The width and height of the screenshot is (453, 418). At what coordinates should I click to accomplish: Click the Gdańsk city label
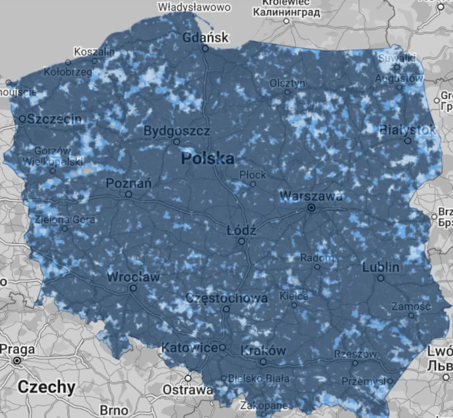tap(206, 37)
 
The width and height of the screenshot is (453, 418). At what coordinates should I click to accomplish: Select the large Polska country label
tap(207, 158)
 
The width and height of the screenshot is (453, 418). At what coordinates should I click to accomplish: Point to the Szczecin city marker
tap(23, 118)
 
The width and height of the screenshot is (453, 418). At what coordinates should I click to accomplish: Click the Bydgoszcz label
tap(177, 131)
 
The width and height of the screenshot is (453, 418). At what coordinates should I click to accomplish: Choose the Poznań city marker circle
tap(128, 194)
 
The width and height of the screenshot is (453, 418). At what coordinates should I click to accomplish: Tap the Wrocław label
tap(133, 277)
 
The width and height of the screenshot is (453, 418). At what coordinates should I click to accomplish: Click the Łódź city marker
tap(242, 241)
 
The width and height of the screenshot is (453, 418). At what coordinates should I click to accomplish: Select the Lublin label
tap(380, 267)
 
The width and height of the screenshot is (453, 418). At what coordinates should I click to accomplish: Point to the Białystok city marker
tap(407, 141)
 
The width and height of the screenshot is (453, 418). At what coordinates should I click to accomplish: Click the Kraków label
tap(263, 350)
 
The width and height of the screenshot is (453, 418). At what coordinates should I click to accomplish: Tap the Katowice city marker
tap(222, 347)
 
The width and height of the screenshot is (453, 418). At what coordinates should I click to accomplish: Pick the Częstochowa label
tap(226, 298)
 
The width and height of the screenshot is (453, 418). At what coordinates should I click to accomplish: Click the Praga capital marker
tap(17, 361)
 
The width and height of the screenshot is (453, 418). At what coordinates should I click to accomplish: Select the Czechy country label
tap(46, 387)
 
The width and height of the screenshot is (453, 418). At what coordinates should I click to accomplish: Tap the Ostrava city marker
tap(188, 378)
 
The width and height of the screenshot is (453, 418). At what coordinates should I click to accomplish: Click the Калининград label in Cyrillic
tap(287, 12)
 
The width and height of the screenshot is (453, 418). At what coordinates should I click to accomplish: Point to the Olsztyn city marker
tap(287, 92)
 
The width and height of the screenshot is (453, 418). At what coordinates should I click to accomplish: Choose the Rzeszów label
tap(356, 354)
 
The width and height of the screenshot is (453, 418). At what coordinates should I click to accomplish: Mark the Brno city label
tap(114, 410)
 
